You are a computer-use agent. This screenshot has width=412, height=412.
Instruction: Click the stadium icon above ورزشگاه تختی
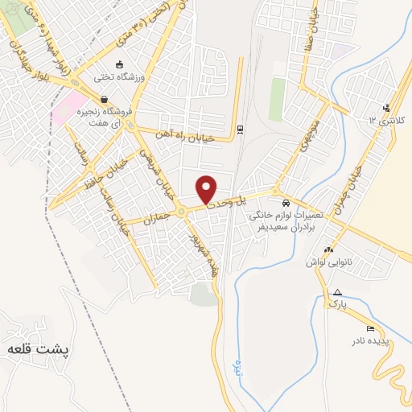(x=120, y=65)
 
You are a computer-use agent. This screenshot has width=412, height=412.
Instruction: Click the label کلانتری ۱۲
(x=385, y=120)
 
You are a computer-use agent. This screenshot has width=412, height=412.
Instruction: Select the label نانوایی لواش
(x=328, y=263)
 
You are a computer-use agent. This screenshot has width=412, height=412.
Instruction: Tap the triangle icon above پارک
(x=337, y=293)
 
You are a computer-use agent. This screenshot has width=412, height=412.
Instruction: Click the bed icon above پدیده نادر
(x=369, y=328)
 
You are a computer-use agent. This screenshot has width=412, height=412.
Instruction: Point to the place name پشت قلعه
(x=39, y=351)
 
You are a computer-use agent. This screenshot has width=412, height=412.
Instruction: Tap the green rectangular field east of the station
(x=277, y=98)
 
